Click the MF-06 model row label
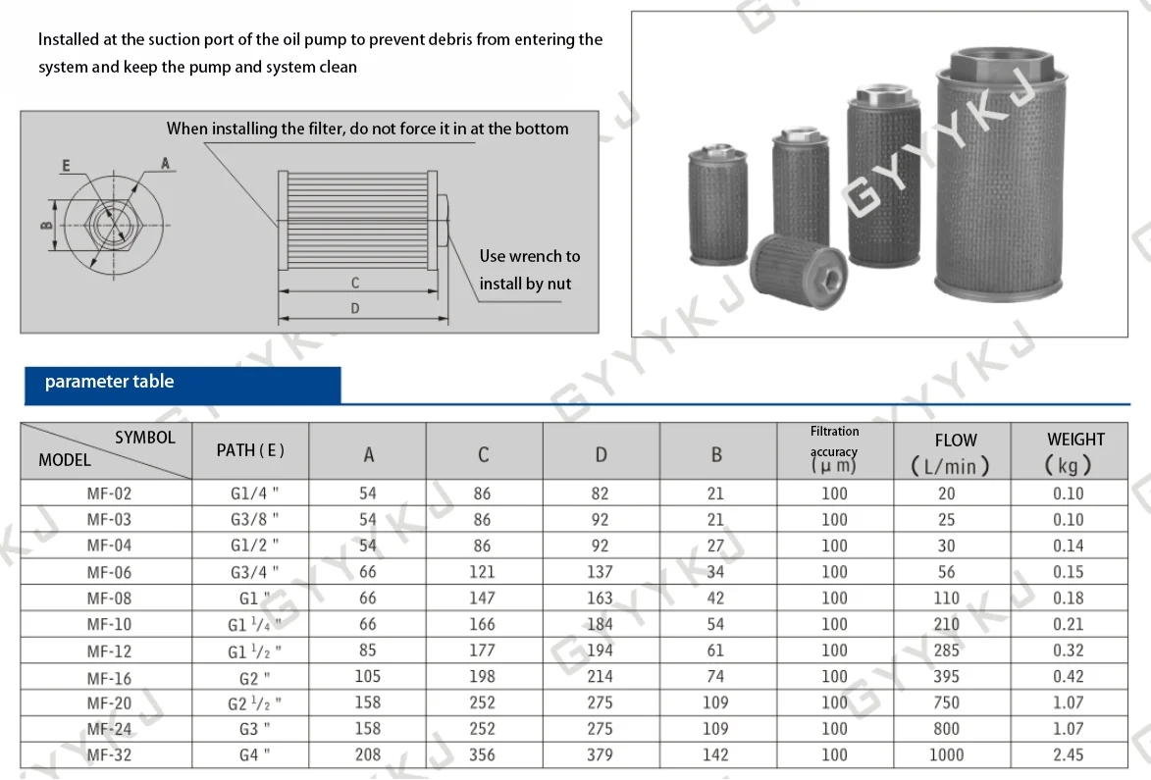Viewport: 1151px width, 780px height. tap(109, 572)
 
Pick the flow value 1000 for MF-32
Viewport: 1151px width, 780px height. tap(946, 755)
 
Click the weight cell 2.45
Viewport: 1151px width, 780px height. tap(1068, 755)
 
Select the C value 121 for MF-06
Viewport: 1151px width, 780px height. tap(482, 572)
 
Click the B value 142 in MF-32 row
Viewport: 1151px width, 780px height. tap(715, 755)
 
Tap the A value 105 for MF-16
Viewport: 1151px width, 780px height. tap(368, 677)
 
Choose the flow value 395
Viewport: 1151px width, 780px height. tap(946, 677)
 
